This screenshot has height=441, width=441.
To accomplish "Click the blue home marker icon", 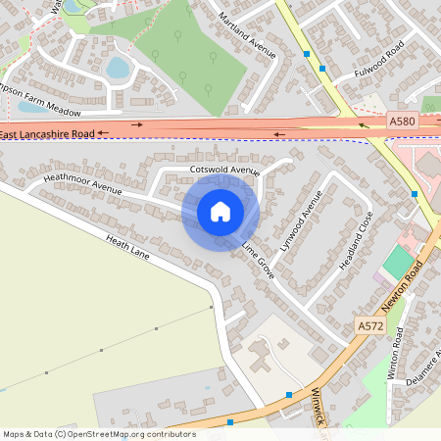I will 220,211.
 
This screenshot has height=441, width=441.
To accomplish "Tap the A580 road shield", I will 402,121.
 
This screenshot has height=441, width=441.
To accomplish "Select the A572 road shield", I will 369,325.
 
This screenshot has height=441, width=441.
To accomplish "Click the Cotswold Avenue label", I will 224,171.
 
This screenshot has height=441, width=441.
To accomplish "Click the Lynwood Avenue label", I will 301,221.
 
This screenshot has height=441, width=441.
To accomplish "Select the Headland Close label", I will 357,241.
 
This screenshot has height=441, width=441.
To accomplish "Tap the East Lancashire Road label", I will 47,132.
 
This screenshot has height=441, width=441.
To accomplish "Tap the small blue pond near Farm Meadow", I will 118,68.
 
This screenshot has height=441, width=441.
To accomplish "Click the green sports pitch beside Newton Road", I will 397,263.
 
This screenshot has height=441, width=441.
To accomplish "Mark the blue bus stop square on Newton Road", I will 416,194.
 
